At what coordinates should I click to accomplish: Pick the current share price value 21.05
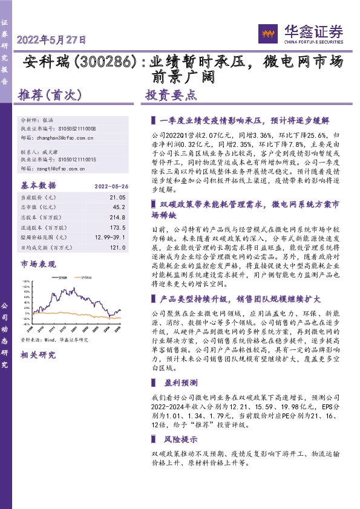click(x=117, y=197)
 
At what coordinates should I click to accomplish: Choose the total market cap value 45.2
click(x=119, y=206)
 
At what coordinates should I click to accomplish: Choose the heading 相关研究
click(x=38, y=355)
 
